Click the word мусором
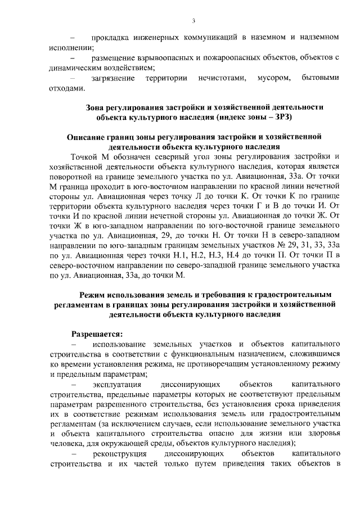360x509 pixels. click(x=274, y=78)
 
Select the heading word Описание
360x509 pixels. click(x=87, y=137)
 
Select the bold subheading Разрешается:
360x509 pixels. click(x=97, y=333)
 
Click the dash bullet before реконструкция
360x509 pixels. click(x=72, y=454)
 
